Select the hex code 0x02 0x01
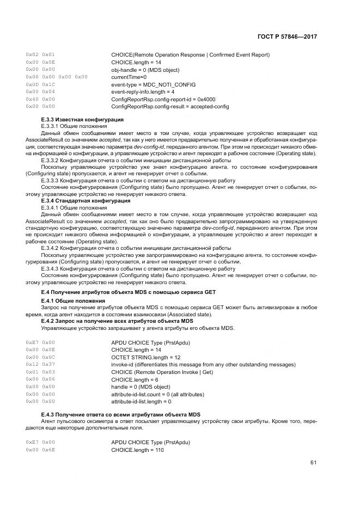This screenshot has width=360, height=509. [40, 54]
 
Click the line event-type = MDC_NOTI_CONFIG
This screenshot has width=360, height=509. [153, 84]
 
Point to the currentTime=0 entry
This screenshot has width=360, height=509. [129, 77]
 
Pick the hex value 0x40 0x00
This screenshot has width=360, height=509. [40, 99]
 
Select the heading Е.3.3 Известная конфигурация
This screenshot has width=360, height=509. [82, 119]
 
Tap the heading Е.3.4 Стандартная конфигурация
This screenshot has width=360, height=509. [85, 201]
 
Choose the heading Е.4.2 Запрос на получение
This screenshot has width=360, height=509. [109, 321]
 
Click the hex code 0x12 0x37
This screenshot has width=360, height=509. [40, 364]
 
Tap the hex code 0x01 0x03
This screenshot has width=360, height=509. [40, 371]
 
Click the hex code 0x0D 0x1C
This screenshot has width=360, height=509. [40, 84]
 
